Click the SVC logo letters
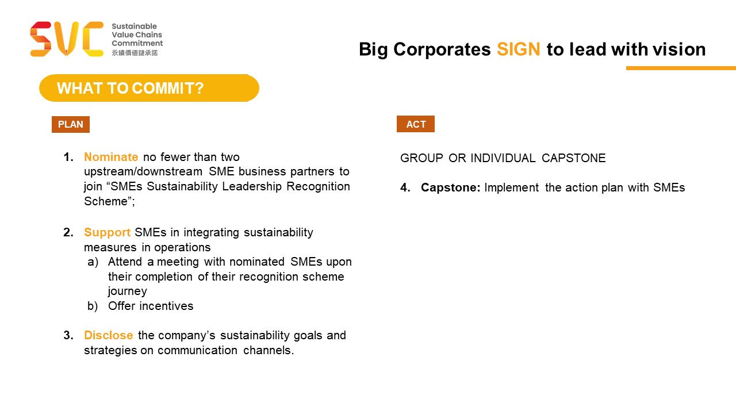67,39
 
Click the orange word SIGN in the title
518,49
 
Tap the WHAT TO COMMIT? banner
149,88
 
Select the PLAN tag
71,125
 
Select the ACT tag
416,124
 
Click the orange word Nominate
111,157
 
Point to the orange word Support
107,233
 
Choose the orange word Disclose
109,335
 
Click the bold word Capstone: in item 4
450,187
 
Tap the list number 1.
68,157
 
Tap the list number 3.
68,335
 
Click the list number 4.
405,187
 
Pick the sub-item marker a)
93,262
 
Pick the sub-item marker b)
93,306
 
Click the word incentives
166,306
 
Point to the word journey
128,292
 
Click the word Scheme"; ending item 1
109,201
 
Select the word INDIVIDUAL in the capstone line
503,158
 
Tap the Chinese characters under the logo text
135,53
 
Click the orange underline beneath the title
681,68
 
